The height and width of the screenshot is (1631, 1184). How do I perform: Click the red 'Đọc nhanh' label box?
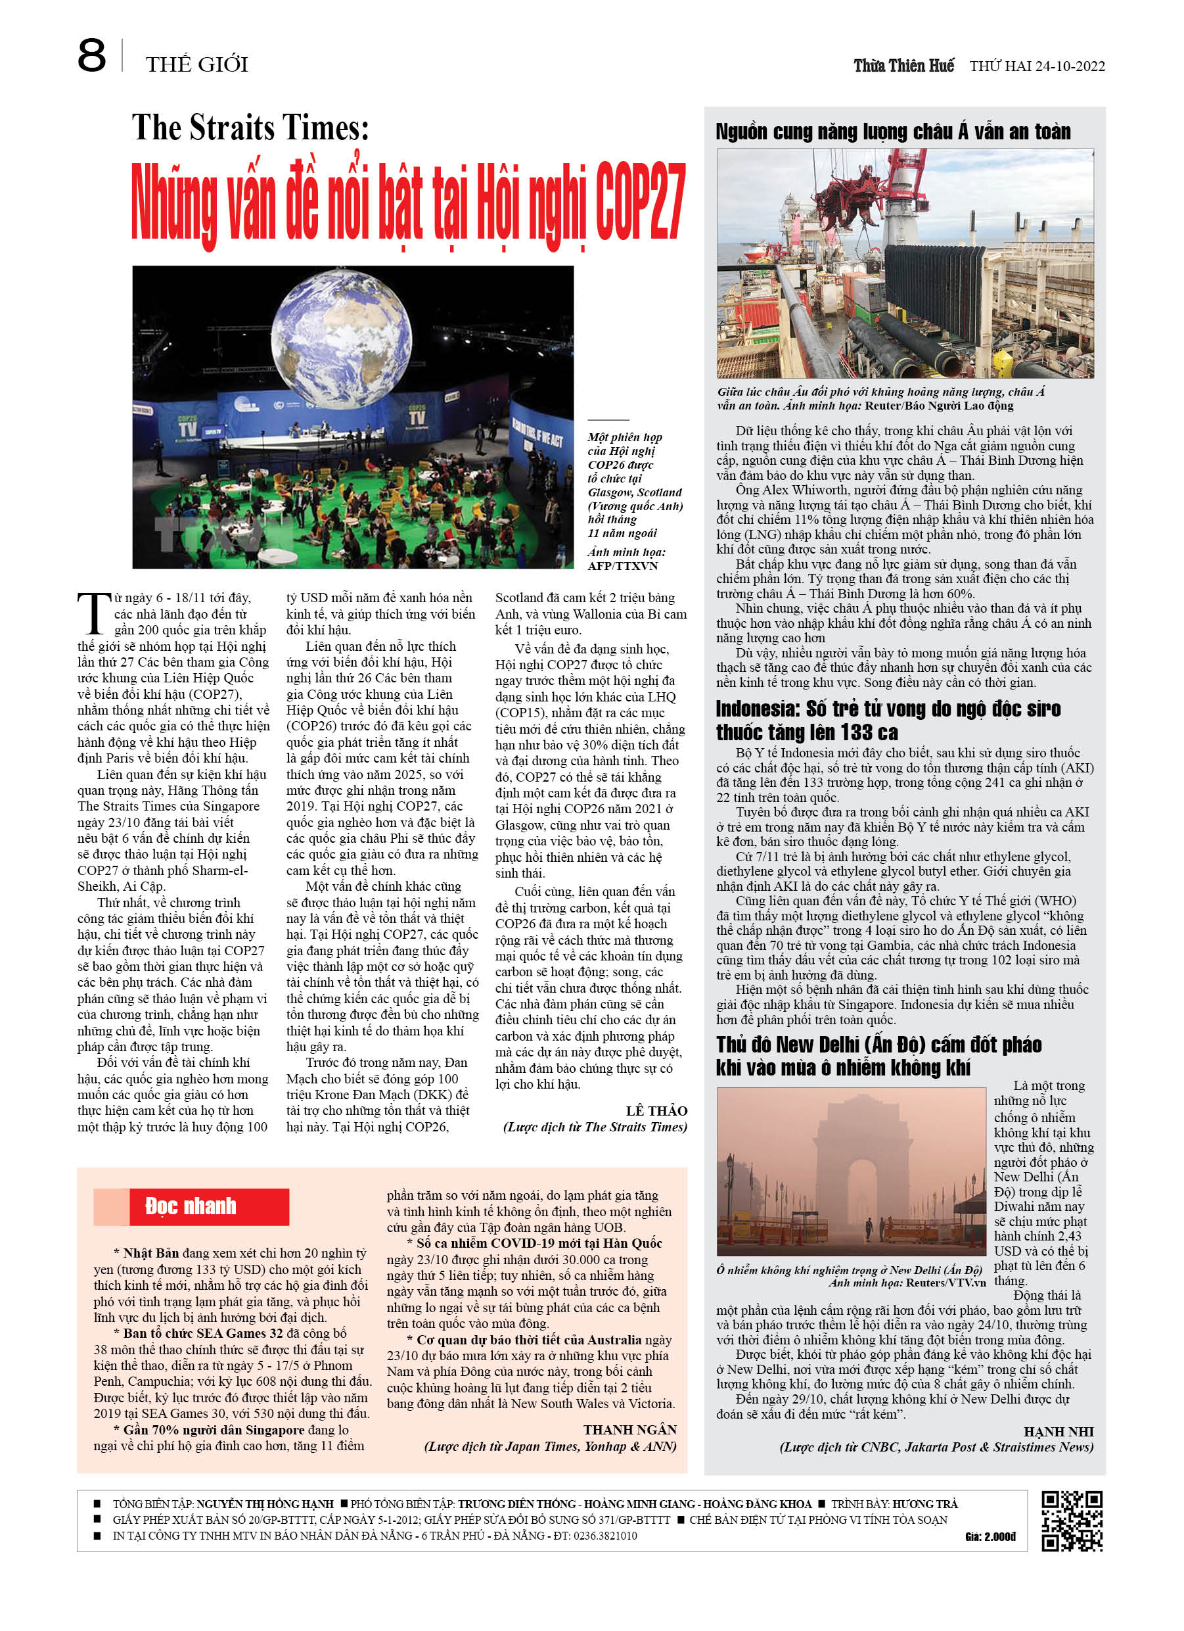tap(208, 1206)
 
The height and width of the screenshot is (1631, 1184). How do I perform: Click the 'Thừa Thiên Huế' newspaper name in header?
tap(903, 66)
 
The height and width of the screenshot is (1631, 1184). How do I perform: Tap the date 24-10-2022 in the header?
tap(1070, 66)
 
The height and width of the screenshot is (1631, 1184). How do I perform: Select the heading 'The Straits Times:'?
tap(250, 128)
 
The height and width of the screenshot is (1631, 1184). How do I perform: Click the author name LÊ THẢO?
tap(656, 1110)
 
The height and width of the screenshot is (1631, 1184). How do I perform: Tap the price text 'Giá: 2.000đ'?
tap(990, 1536)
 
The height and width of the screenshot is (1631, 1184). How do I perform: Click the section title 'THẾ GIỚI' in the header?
tap(196, 64)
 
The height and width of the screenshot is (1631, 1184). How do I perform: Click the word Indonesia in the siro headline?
tap(757, 709)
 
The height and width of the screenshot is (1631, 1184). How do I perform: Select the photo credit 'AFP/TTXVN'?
tap(622, 565)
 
